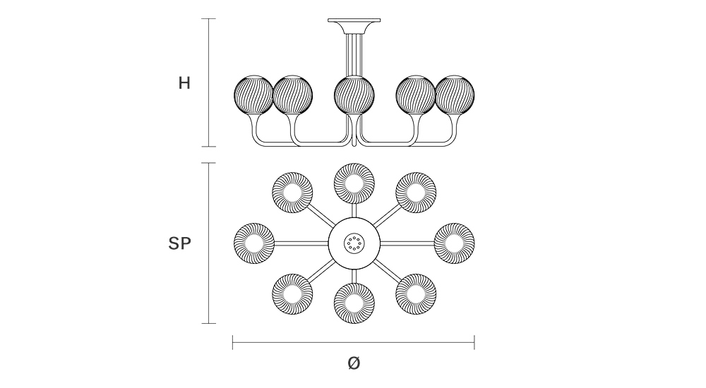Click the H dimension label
pos(184,83)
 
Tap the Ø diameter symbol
pos(354,363)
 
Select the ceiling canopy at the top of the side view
pos(354,23)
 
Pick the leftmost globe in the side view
pos(253,96)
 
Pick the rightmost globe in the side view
pos(455,96)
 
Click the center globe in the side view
pos(354,96)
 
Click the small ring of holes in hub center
pos(354,244)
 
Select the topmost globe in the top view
pos(354,182)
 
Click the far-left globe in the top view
pos(253,243)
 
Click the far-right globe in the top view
pos(454,243)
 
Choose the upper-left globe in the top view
pos(292,191)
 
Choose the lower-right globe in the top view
pos(415,294)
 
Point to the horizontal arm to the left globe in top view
pos(301,243)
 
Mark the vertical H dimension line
pos(208,83)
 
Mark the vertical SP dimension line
pos(208,243)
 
